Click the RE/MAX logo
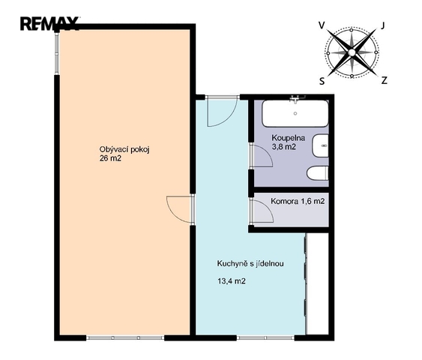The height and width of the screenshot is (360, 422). [x=49, y=24]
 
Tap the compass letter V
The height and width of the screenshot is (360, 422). [x=322, y=25]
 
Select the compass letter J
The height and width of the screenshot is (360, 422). [x=383, y=25]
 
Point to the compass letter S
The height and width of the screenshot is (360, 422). [x=322, y=81]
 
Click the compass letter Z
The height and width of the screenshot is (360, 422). [x=385, y=80]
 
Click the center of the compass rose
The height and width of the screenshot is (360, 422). [x=352, y=52]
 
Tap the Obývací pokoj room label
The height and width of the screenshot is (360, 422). [x=124, y=150]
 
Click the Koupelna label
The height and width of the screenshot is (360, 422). [x=289, y=138]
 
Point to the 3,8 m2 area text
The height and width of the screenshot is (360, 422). [x=284, y=147]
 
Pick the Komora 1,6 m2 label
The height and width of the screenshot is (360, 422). [x=298, y=201]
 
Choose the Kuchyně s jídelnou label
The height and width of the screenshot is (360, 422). [x=250, y=263]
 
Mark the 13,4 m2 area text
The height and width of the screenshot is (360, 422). [x=232, y=281]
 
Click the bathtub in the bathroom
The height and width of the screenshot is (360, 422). [x=295, y=113]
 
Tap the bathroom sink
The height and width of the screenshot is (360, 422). [x=321, y=145]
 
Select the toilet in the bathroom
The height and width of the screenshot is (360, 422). [x=318, y=173]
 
